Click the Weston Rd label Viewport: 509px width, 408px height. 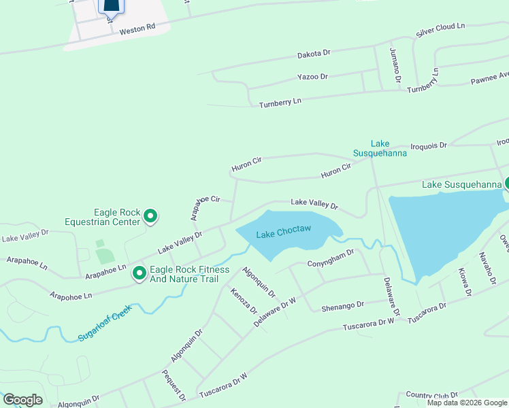(137, 29)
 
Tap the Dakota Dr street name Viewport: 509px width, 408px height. (313, 53)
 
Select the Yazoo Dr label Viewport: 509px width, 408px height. (312, 77)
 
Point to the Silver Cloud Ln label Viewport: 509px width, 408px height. (440, 30)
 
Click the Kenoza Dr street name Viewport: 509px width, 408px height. (244, 301)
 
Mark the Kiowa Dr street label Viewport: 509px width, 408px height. (465, 282)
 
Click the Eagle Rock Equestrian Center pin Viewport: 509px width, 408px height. (150, 217)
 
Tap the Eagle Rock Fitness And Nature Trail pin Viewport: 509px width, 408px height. (139, 273)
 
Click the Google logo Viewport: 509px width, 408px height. (22, 400)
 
